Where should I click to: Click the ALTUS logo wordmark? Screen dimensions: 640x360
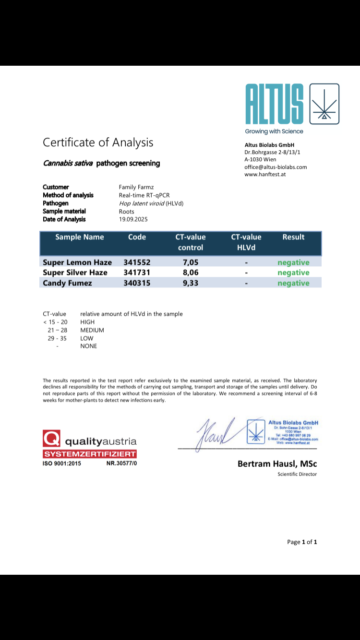tap(274, 104)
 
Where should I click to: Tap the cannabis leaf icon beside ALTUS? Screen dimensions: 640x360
tap(324, 104)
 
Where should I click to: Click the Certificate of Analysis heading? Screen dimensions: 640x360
tap(98, 142)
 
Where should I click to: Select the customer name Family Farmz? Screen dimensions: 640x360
tap(136, 187)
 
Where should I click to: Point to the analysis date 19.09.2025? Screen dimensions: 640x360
tap(133, 219)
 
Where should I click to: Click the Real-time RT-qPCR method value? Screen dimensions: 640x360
tap(144, 195)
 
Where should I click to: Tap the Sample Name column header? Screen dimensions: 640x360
tap(80, 237)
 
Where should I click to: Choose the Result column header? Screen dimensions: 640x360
tap(293, 237)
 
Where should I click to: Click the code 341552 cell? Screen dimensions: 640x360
tap(137, 262)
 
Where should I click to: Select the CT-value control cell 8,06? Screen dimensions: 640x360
tap(191, 273)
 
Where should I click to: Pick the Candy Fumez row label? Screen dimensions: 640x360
tap(67, 283)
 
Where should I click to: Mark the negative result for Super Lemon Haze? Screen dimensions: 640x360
tap(293, 262)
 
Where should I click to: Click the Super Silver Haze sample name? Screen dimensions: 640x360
tap(75, 273)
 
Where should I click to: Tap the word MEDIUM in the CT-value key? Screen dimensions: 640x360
tap(92, 330)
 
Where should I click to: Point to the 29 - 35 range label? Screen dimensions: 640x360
tap(57, 338)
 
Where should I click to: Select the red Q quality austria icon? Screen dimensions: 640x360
tap(51, 439)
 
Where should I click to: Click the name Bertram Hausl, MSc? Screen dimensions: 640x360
tap(277, 463)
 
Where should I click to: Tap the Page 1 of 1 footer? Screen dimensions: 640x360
tap(302, 542)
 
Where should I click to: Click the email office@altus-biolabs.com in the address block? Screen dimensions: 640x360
tap(276, 167)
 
